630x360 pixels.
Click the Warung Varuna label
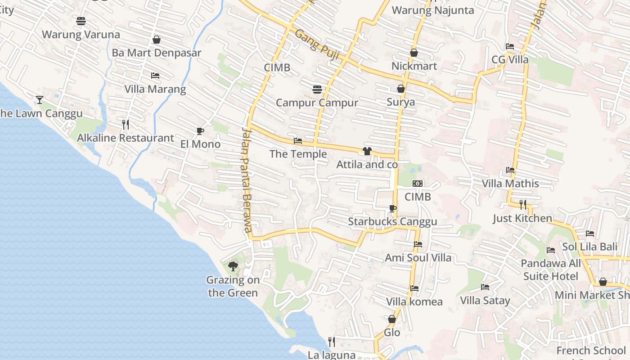click(x=81, y=35)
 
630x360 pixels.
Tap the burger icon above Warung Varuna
click(x=81, y=21)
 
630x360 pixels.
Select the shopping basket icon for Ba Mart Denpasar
click(x=157, y=40)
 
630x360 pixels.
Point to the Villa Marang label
click(x=155, y=89)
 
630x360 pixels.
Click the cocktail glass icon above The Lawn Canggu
click(x=40, y=99)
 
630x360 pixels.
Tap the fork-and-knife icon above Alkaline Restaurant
click(x=126, y=124)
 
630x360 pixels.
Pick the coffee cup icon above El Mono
click(x=200, y=131)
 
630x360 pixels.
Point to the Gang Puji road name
click(x=317, y=45)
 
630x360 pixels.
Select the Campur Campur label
click(x=317, y=103)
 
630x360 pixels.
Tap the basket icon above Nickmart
click(x=414, y=53)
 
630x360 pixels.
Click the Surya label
click(x=401, y=102)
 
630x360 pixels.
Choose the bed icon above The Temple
click(x=297, y=141)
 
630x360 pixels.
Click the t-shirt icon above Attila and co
click(x=367, y=151)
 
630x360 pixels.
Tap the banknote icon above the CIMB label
click(x=418, y=184)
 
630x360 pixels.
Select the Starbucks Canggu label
click(x=392, y=222)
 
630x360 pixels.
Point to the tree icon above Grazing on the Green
click(x=233, y=266)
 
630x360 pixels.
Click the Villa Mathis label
click(x=510, y=184)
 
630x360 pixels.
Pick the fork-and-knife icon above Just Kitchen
click(x=522, y=205)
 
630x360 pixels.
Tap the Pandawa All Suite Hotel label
click(x=551, y=270)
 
